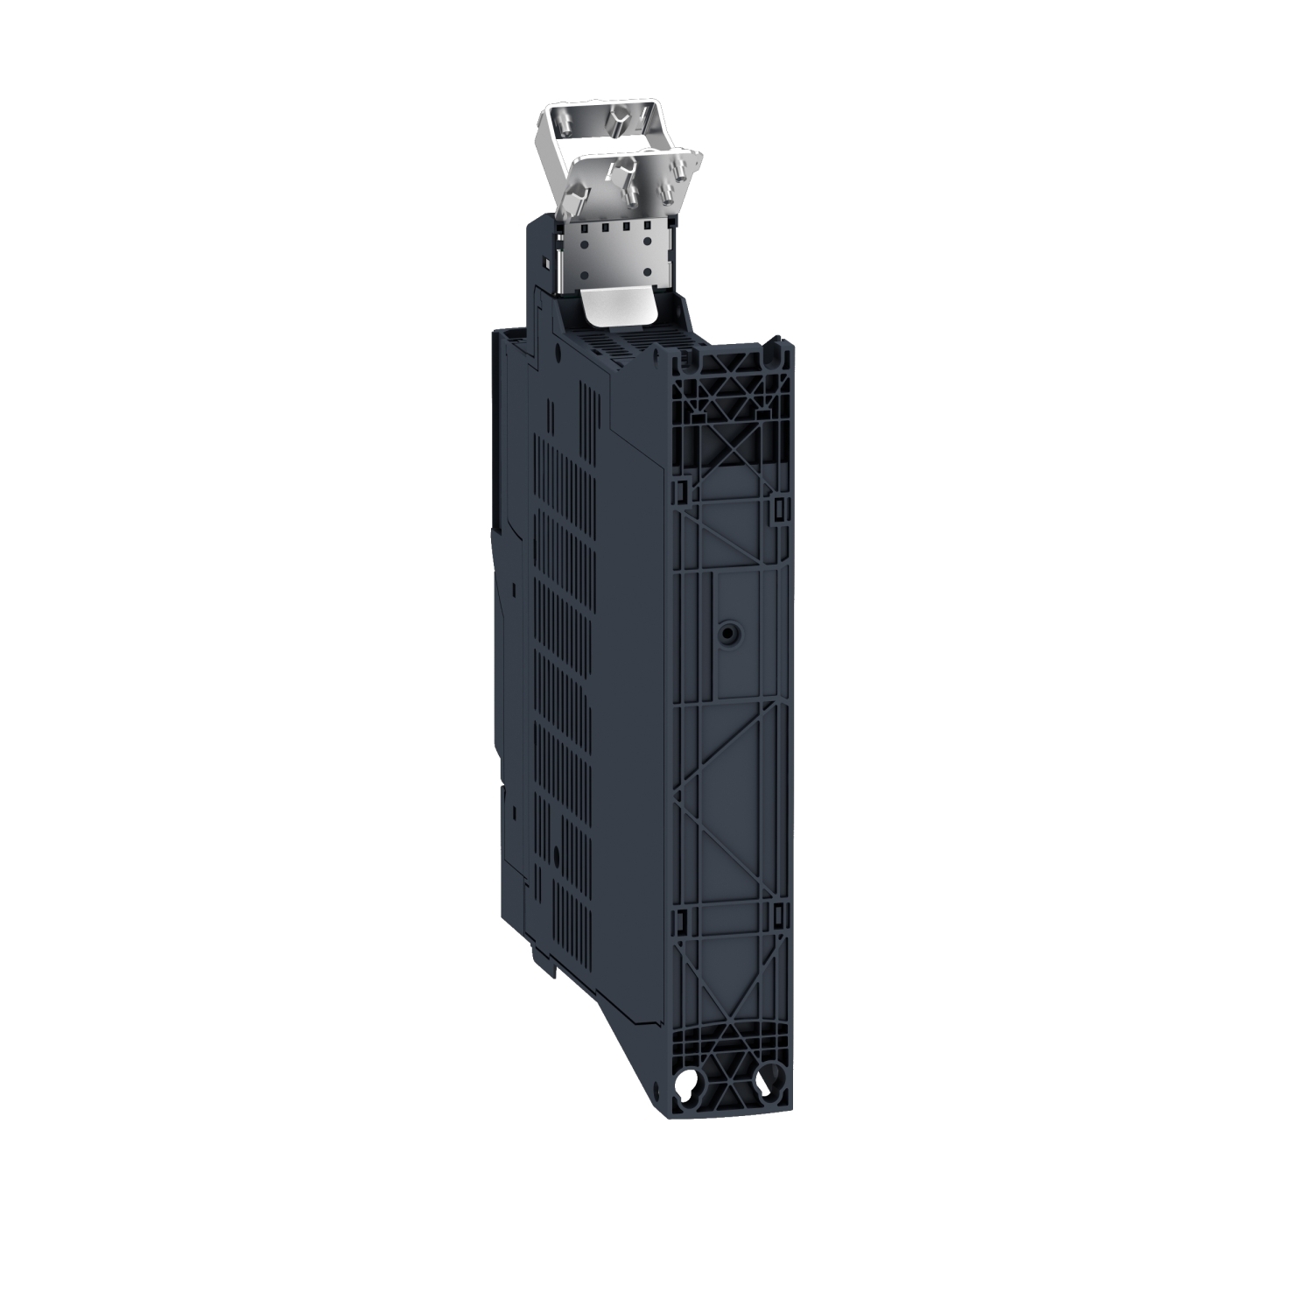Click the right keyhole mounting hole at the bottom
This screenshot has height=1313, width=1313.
pos(769,1085)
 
